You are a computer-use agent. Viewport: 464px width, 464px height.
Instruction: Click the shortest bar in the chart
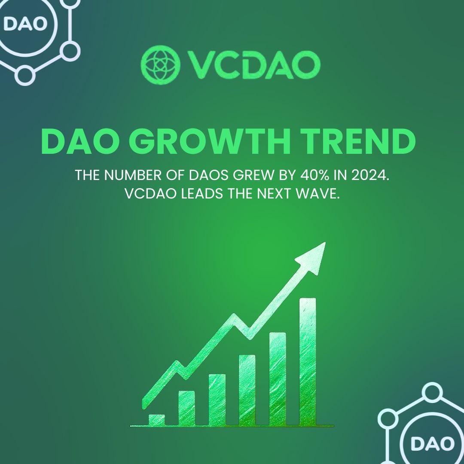click(x=157, y=420)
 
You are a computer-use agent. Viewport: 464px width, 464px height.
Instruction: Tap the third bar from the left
click(x=217, y=400)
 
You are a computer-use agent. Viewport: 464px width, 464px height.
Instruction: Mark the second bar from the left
click(x=187, y=408)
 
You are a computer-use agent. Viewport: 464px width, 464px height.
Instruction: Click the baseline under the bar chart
click(x=232, y=426)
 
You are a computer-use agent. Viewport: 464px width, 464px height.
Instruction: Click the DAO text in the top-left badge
click(x=24, y=24)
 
